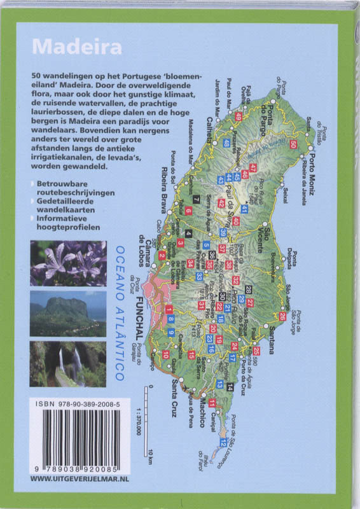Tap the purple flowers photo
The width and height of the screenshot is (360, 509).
click(68, 263)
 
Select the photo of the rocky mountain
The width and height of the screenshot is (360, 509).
click(68, 313)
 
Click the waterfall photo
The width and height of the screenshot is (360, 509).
click(68, 364)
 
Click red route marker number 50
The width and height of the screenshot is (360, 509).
click(292, 144)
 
